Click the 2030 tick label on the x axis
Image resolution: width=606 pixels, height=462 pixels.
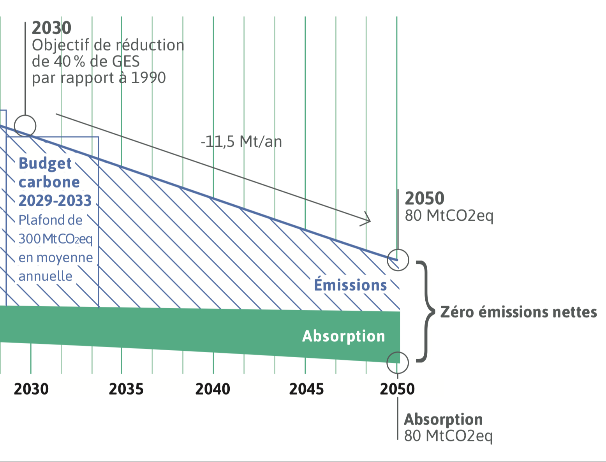31,389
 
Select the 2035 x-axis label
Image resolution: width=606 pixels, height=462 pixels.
126,389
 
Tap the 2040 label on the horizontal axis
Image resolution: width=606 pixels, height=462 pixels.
213,389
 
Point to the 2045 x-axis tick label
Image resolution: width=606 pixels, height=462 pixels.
307,389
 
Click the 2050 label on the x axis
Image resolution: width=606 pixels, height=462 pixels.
397,389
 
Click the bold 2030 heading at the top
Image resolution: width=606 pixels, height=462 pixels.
51,28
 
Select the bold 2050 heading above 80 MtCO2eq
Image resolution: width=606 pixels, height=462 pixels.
425,199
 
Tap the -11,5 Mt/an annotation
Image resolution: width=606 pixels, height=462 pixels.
241,142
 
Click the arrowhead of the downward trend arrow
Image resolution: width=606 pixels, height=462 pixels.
367,220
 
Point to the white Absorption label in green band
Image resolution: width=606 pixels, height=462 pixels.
344,336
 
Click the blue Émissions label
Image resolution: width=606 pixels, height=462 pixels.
351,285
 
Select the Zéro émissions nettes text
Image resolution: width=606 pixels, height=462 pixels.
518,312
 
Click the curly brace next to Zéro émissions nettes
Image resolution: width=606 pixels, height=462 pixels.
426,311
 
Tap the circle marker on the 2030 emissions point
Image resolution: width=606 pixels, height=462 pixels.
25,126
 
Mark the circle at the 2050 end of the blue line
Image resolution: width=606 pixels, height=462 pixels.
398,260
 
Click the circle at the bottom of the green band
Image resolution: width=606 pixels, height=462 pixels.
398,362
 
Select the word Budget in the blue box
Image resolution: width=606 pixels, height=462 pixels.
45,163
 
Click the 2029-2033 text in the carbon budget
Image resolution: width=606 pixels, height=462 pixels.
55,201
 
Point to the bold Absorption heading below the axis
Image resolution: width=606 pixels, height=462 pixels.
443,419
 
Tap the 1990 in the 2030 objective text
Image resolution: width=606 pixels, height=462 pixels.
148,78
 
